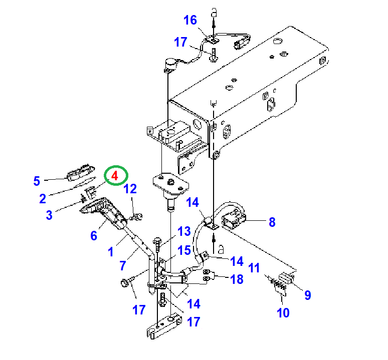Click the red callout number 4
(x=115, y=176)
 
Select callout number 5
(x=37, y=181)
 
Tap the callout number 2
(x=44, y=199)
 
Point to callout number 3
(x=49, y=215)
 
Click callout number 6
(x=94, y=235)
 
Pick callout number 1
(x=111, y=252)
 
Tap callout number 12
(x=130, y=189)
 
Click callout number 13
(x=184, y=231)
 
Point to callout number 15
(x=184, y=250)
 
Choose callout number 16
(x=190, y=20)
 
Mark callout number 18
(x=236, y=279)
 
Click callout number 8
(x=272, y=222)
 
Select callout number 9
(x=308, y=295)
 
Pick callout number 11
(x=255, y=268)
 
